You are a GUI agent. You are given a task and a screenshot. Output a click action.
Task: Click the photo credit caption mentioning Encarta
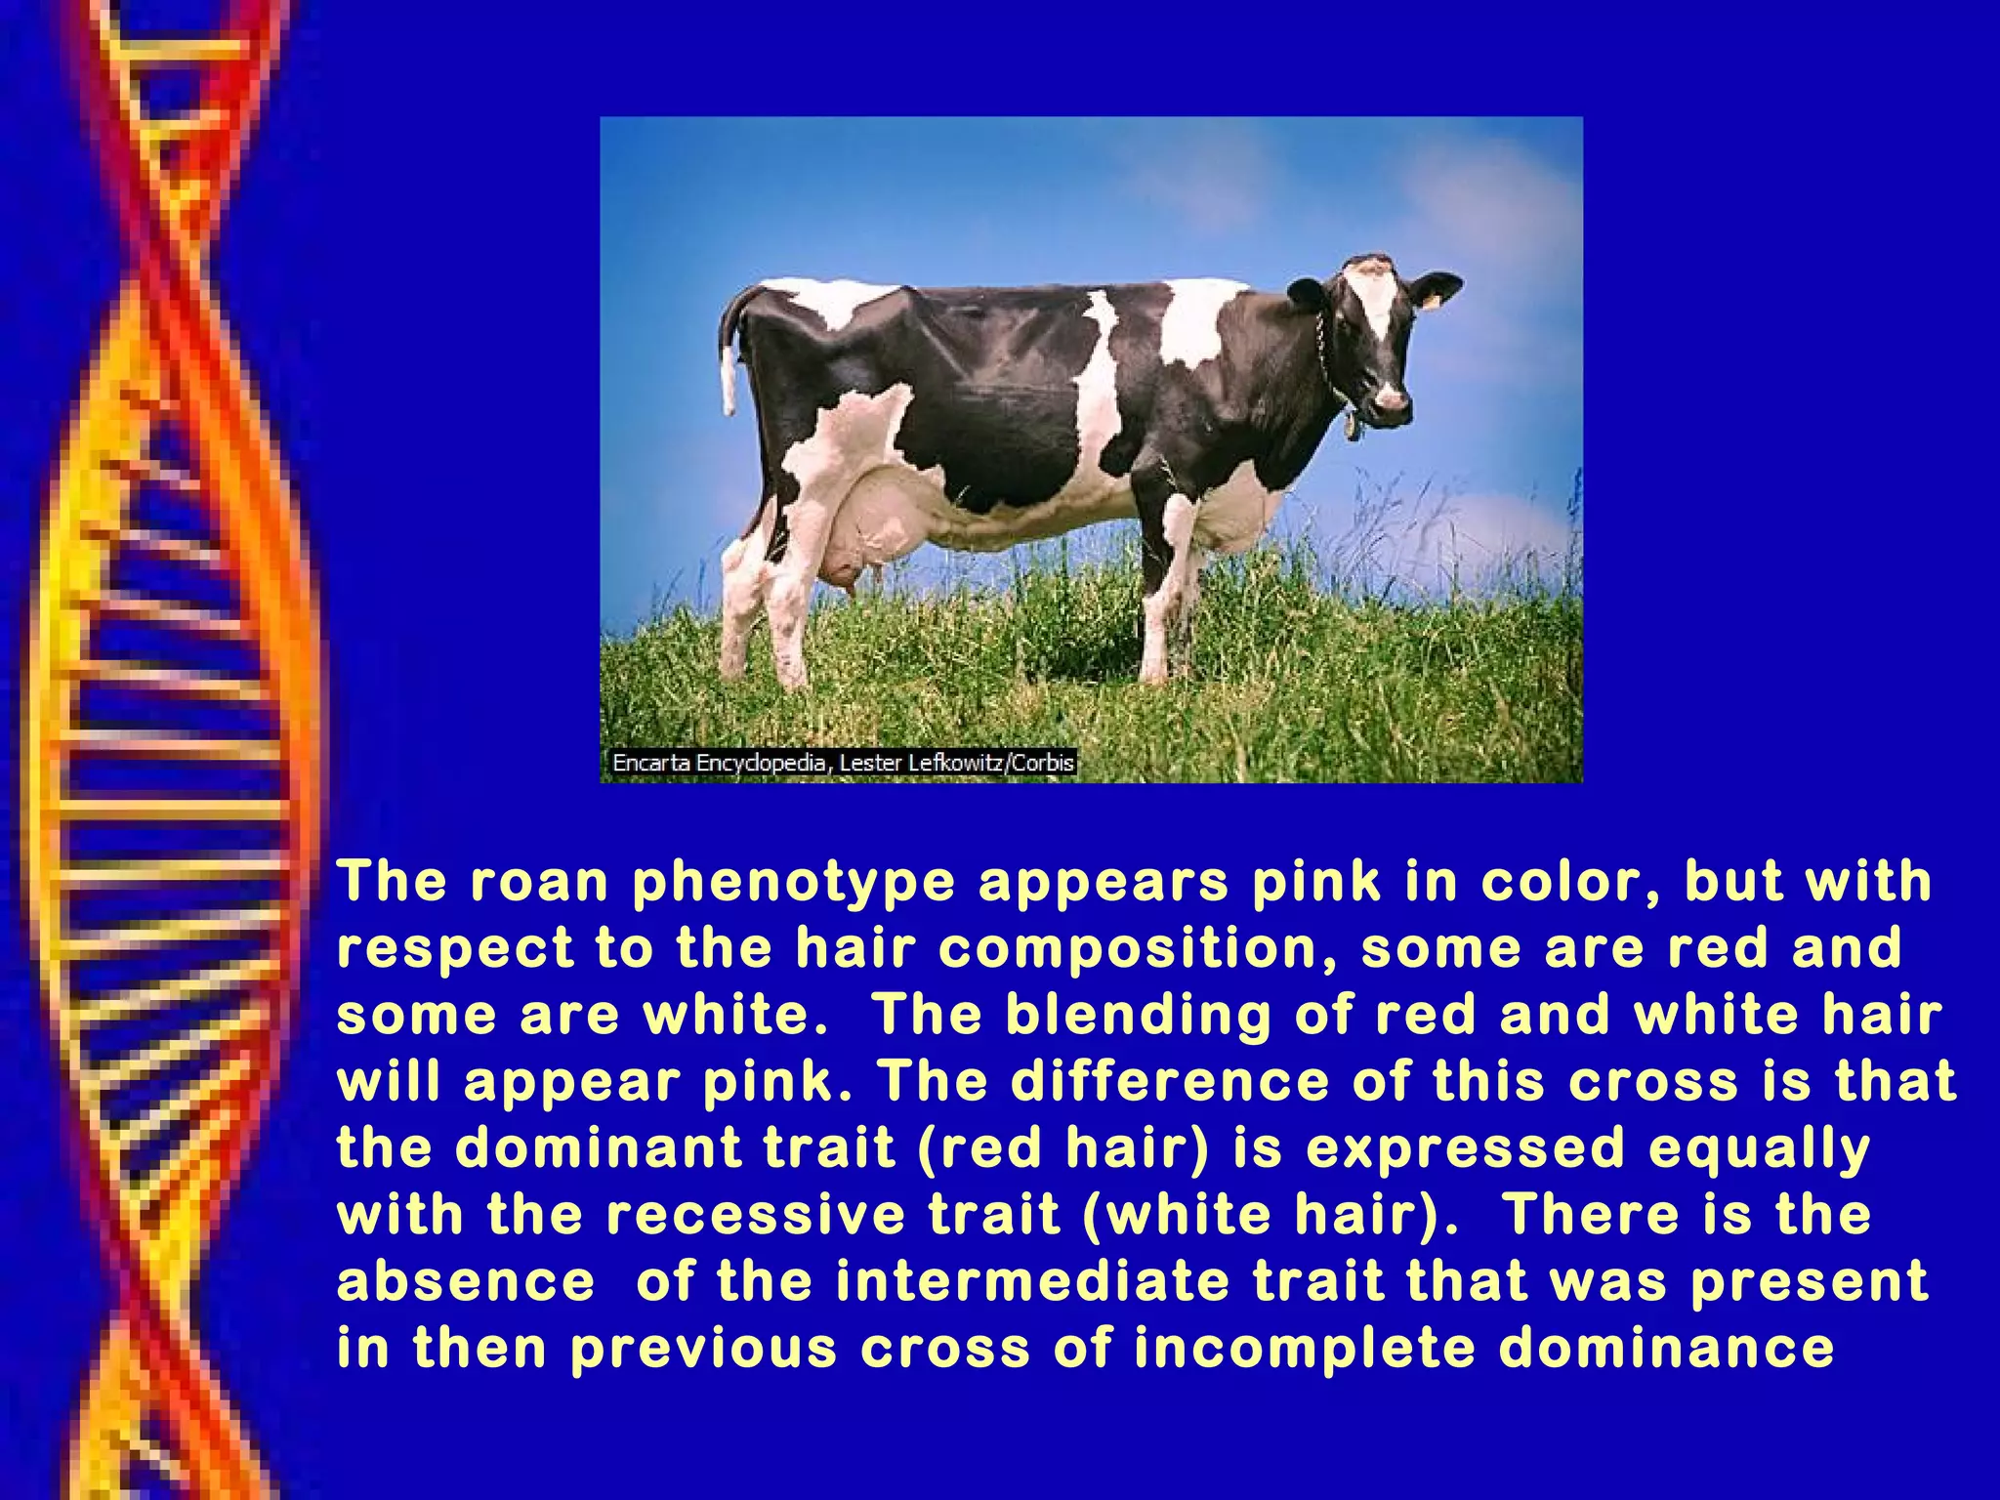click(x=843, y=763)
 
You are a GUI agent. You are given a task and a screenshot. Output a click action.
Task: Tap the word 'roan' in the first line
click(x=539, y=882)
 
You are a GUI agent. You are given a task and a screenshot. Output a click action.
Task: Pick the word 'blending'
click(x=1139, y=1016)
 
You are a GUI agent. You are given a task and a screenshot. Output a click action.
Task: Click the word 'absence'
click(x=466, y=1281)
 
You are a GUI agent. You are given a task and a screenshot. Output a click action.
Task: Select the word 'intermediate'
click(x=1032, y=1281)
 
